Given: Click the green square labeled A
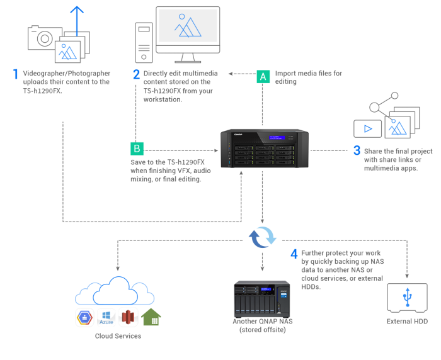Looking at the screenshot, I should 263,77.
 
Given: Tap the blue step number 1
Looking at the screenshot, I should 16,74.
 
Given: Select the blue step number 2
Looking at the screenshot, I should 136,74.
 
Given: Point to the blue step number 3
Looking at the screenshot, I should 357,151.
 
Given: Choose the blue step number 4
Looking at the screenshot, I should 294,255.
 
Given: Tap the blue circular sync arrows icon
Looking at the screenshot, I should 262,237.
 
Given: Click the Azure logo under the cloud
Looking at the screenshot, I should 106,317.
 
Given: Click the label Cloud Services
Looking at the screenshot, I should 118,336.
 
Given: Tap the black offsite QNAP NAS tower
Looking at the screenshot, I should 261,298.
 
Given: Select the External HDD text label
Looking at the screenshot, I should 407,322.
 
